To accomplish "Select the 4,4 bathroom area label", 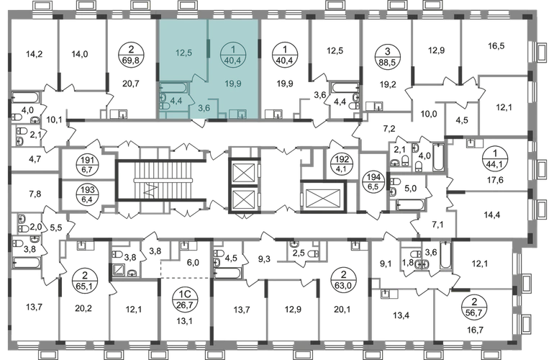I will [x=175, y=103].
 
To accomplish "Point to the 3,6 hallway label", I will [x=204, y=109].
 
